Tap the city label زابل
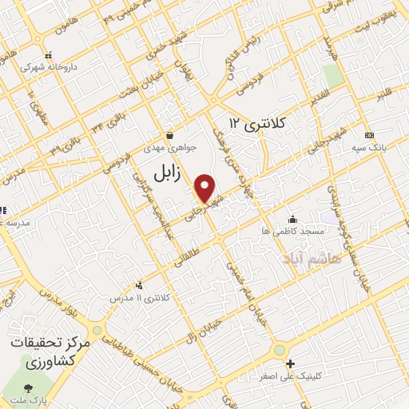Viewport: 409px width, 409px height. [169, 172]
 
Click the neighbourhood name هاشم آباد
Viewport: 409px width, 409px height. [312, 259]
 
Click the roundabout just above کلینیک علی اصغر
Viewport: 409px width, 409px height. [279, 350]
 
